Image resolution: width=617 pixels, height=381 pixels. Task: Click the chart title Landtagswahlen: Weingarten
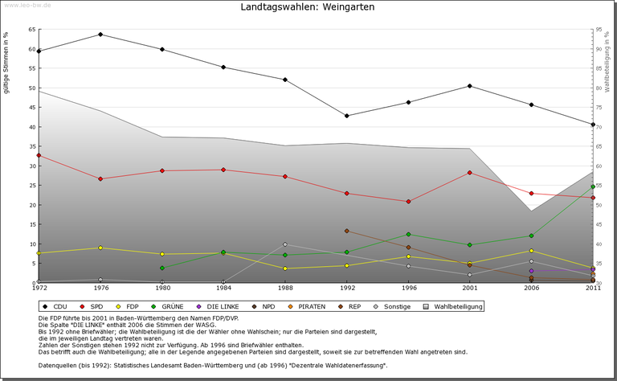click(x=308, y=7)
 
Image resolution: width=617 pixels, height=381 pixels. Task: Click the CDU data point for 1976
click(x=100, y=35)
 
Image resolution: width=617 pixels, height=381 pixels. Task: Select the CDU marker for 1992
click(x=346, y=116)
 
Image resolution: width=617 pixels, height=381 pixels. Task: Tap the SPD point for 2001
click(x=469, y=173)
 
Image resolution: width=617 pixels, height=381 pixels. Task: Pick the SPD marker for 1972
click(x=39, y=155)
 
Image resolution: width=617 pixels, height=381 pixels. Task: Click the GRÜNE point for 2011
click(x=593, y=186)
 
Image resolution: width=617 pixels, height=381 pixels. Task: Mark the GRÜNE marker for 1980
click(x=162, y=268)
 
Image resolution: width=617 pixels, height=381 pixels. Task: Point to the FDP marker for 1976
click(x=100, y=248)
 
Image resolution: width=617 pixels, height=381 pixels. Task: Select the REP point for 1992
click(x=346, y=231)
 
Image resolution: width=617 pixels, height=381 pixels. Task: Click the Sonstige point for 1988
click(x=285, y=244)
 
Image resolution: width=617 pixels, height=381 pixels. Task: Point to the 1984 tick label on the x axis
click(x=223, y=289)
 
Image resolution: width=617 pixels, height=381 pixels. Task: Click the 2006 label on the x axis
click(x=531, y=289)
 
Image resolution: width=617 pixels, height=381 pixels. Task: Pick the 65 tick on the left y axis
click(x=32, y=30)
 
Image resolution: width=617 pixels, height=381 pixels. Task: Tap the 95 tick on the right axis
click(x=599, y=30)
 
